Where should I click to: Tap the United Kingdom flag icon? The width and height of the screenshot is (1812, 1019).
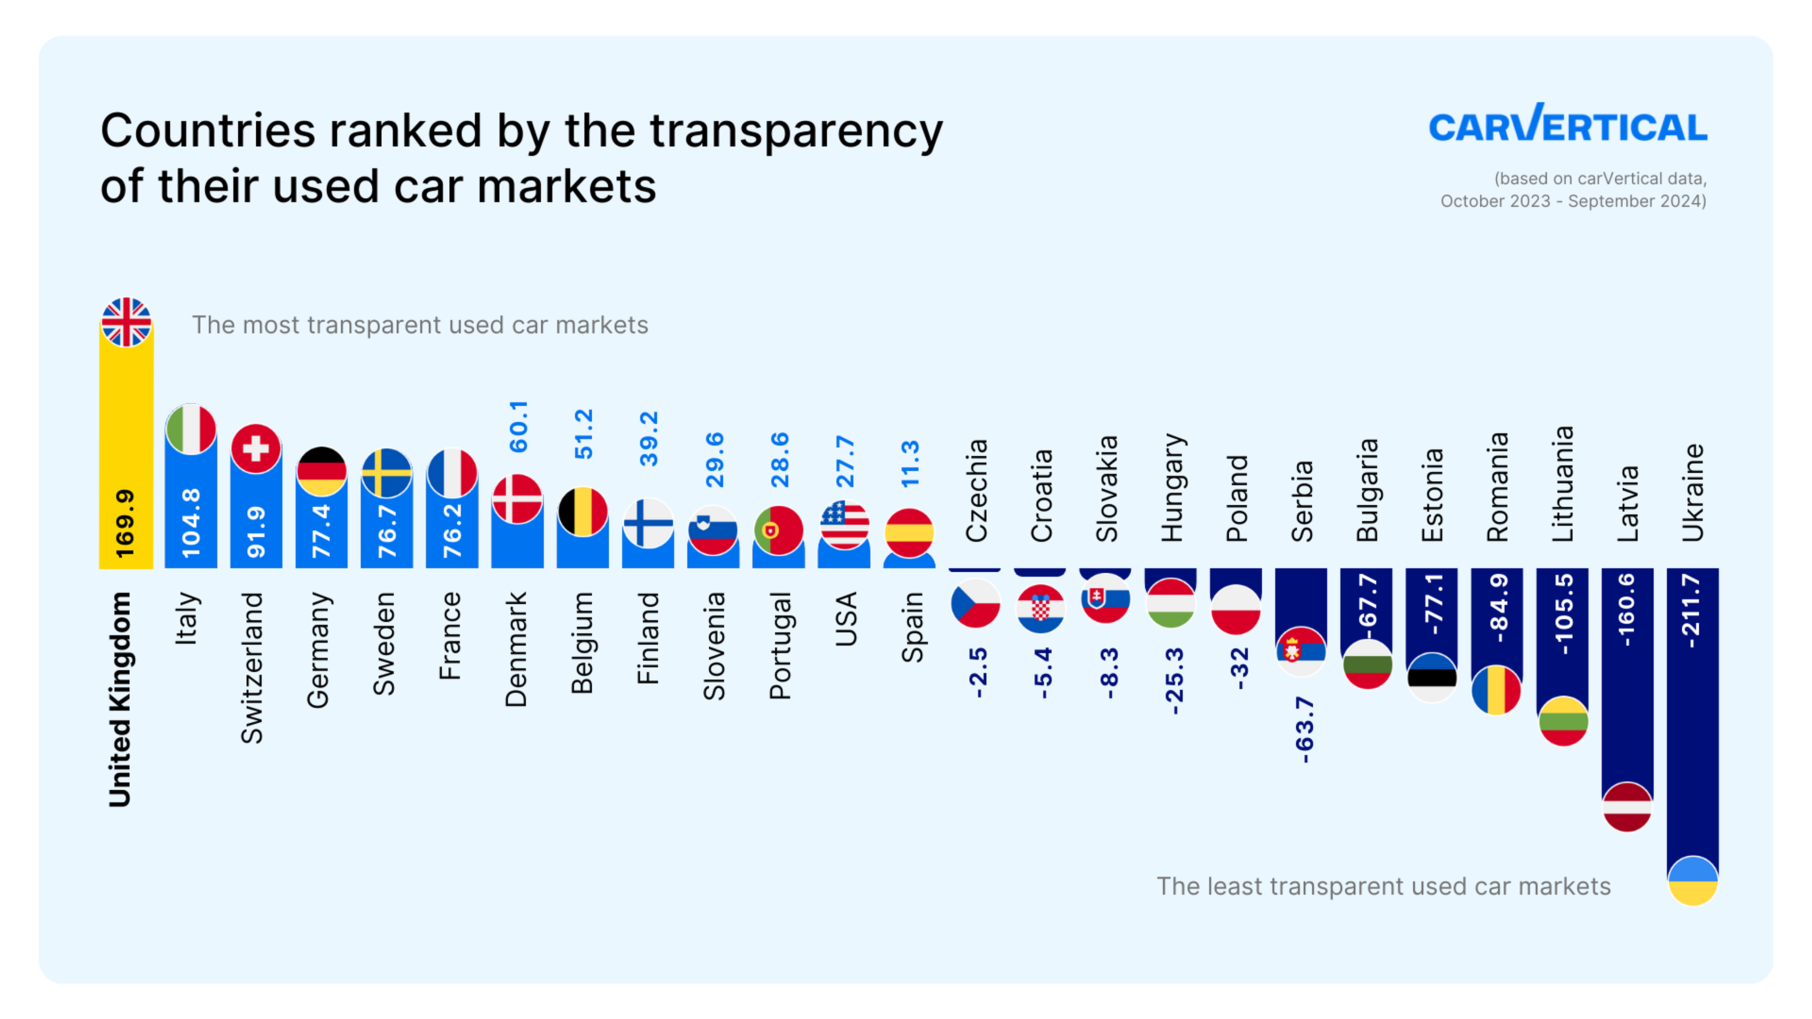pyautogui.click(x=126, y=322)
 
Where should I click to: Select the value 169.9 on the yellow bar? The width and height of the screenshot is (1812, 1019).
pyautogui.click(x=125, y=524)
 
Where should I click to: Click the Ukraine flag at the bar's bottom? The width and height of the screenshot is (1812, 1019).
pyautogui.click(x=1693, y=880)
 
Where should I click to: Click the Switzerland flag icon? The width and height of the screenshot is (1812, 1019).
pyautogui.click(x=255, y=448)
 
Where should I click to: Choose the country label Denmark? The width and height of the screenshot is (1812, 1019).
pyautogui.click(x=516, y=649)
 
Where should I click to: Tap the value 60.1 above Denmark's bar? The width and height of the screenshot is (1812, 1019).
pyautogui.click(x=519, y=427)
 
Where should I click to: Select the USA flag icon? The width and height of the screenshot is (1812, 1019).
pyautogui.click(x=844, y=525)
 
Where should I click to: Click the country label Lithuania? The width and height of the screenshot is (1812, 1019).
pyautogui.click(x=1562, y=484)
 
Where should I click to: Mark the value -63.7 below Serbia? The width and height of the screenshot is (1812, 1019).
pyautogui.click(x=1303, y=730)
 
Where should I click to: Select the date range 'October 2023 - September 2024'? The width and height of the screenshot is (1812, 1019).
pyautogui.click(x=1572, y=201)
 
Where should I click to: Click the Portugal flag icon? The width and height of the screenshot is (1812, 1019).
pyautogui.click(x=778, y=530)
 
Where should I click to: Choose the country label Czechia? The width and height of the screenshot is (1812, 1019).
pyautogui.click(x=976, y=491)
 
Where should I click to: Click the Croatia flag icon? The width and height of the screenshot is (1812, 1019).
pyautogui.click(x=1040, y=608)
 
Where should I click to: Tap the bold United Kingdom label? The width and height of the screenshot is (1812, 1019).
pyautogui.click(x=119, y=699)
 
